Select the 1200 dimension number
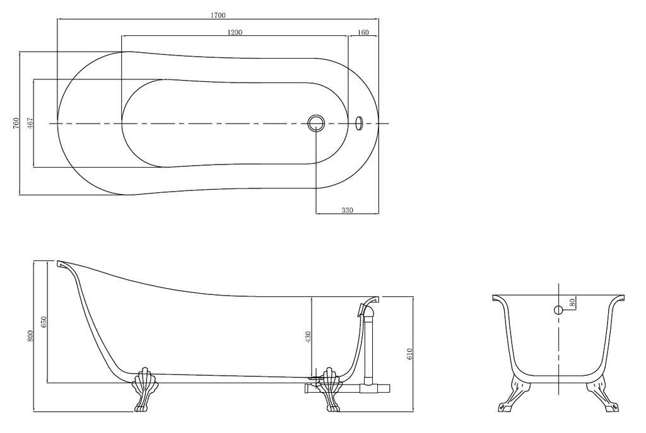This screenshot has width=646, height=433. coord(234,32)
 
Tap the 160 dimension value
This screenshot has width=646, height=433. coord(363,32)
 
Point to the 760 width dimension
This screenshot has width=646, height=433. coord(16,123)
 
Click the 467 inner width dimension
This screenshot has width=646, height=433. coord(30,123)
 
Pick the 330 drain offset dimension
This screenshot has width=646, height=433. coord(347,210)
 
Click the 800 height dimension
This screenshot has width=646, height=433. coord(30,336)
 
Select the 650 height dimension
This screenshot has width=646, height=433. coord(44,322)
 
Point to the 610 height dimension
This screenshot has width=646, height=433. coord(409,354)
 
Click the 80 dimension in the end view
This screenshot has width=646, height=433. coord(572,301)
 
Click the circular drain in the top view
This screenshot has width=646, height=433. coord(315,123)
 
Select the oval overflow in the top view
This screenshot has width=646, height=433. coord(360,122)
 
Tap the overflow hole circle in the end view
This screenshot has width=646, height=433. coord(558,309)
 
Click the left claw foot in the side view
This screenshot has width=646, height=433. coord(142,389)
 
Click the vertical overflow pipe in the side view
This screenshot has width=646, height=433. coord(370,350)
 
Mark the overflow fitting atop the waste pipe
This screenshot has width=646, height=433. coord(365,309)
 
